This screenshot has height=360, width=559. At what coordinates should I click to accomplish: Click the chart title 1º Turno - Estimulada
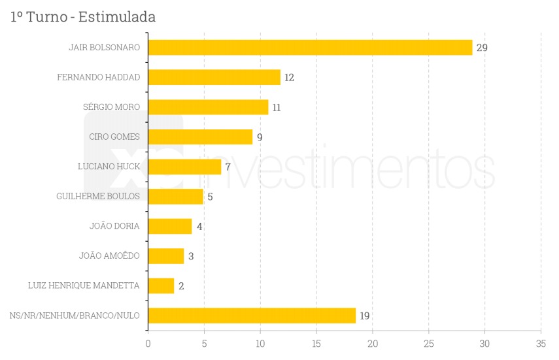pyautogui.click(x=83, y=17)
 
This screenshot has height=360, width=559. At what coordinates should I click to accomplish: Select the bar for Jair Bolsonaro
pyautogui.click(x=310, y=48)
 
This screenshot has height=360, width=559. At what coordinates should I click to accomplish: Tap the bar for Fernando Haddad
pyautogui.click(x=214, y=77)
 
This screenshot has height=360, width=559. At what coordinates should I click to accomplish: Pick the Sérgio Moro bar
pyautogui.click(x=208, y=107)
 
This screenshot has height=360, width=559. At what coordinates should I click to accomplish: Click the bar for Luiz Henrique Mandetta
pyautogui.click(x=161, y=286)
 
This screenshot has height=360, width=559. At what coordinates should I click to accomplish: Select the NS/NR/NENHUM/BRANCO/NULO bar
pyautogui.click(x=252, y=316)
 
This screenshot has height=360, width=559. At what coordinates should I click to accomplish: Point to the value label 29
pyautogui.click(x=482, y=48)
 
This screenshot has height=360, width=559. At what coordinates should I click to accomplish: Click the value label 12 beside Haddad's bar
pyautogui.click(x=289, y=78)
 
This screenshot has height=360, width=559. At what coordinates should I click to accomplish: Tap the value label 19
pyautogui.click(x=365, y=316)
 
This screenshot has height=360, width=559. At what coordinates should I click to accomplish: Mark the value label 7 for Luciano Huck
pyautogui.click(x=228, y=167)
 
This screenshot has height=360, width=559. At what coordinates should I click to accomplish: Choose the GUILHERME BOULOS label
pyautogui.click(x=98, y=196)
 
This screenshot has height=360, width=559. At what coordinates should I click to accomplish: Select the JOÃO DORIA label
pyautogui.click(x=114, y=226)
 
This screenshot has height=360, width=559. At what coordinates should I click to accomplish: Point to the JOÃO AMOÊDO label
pyautogui.click(x=109, y=255)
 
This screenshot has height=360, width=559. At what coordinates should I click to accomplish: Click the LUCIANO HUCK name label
pyautogui.click(x=109, y=167)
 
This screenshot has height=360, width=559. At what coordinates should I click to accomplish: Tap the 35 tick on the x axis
pyautogui.click(x=541, y=344)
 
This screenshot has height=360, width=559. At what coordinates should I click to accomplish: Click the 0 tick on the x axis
pyautogui.click(x=148, y=344)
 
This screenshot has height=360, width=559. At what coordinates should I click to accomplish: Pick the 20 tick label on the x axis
pyautogui.click(x=373, y=344)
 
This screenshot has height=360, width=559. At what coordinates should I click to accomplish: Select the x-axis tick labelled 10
pyautogui.click(x=260, y=344)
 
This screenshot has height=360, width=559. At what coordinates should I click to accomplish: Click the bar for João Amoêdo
pyautogui.click(x=165, y=256)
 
